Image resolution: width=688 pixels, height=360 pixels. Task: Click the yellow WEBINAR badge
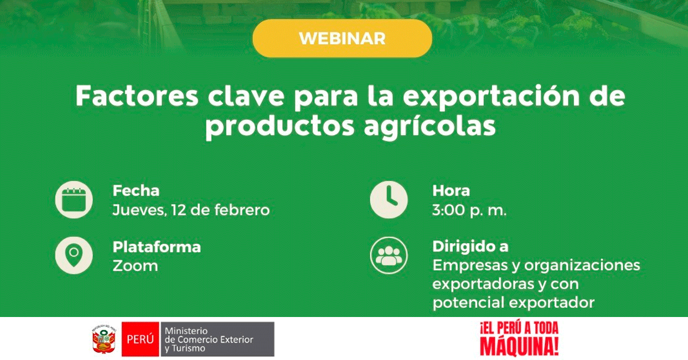click(x=342, y=38)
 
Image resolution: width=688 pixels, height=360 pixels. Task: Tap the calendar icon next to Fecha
click(x=74, y=199)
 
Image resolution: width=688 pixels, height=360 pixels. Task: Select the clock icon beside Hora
click(x=389, y=199)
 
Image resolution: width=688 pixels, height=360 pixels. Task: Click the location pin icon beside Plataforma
click(x=74, y=255)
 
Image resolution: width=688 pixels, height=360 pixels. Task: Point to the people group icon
click(x=389, y=255)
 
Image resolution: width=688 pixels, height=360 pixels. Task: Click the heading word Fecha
click(x=136, y=191)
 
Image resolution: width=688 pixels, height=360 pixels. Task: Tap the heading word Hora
click(x=451, y=191)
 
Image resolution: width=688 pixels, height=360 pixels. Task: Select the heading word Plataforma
click(x=157, y=247)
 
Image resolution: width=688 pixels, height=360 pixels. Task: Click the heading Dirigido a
click(x=471, y=246)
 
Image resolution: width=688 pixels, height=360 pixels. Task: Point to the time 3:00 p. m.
click(x=470, y=211)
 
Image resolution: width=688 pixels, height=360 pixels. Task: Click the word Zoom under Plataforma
click(x=135, y=266)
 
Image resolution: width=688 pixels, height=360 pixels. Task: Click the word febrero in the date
click(x=242, y=210)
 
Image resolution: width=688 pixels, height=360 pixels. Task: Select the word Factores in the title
click(x=137, y=96)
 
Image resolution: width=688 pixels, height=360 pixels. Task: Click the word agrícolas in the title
click(x=429, y=127)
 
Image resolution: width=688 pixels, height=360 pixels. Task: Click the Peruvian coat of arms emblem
click(x=104, y=339)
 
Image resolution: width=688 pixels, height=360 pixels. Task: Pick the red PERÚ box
click(x=140, y=339)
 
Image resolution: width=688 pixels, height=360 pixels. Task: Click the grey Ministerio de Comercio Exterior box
click(x=217, y=339)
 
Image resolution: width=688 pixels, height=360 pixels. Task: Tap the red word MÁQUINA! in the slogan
click(x=519, y=347)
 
